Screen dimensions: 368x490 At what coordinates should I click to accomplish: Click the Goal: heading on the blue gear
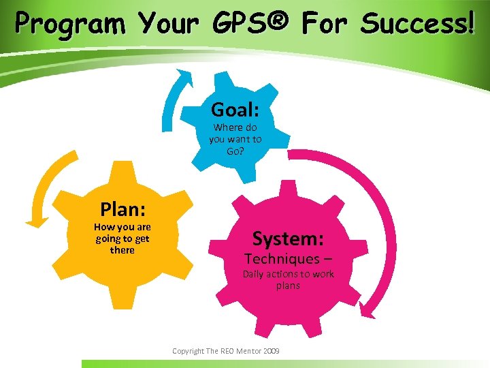point(235,109)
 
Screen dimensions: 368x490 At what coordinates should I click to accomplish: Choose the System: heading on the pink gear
point(288,239)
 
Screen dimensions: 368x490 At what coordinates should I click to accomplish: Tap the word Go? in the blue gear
point(235,151)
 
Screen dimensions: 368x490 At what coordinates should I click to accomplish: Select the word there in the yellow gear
point(122,250)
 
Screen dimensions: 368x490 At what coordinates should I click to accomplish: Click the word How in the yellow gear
point(103,227)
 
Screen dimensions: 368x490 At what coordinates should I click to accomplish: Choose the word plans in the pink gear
point(288,286)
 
